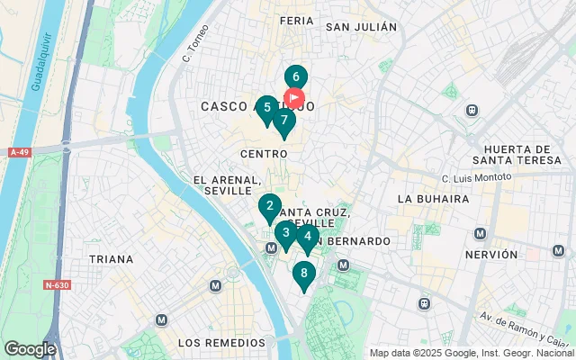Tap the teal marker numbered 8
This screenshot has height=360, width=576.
[x=304, y=274]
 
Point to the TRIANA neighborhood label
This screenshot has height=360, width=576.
[x=111, y=258]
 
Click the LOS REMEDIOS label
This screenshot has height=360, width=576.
[x=221, y=343]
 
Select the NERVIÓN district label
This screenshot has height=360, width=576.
[x=491, y=255]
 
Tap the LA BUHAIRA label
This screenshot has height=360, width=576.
[x=433, y=198]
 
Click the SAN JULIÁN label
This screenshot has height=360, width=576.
[x=361, y=27]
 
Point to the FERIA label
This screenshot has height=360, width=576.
[x=296, y=20]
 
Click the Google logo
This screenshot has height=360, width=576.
[x=30, y=348]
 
